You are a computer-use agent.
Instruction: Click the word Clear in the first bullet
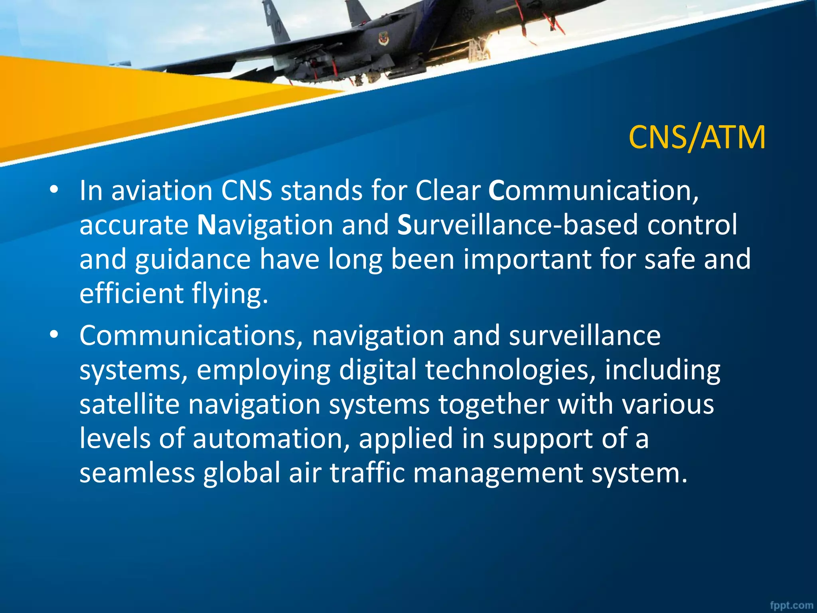[x=448, y=190]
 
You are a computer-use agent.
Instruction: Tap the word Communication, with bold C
[x=594, y=190]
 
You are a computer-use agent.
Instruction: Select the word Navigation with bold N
[x=265, y=225]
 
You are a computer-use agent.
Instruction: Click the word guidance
[x=193, y=259]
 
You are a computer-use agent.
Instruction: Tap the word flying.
[x=230, y=294]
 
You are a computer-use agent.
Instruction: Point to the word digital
[x=377, y=370]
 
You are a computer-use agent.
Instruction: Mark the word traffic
[x=367, y=473]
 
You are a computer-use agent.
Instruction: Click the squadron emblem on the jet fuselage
[x=382, y=38]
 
